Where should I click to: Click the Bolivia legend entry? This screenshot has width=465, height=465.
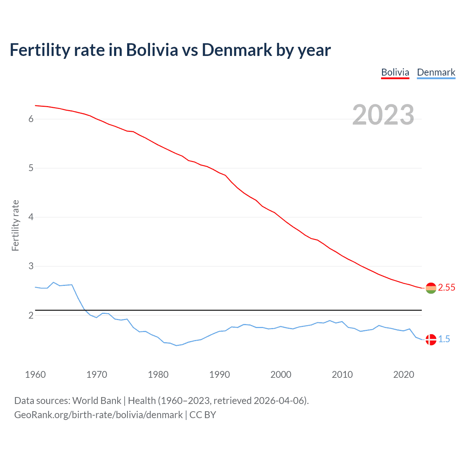point(395,72)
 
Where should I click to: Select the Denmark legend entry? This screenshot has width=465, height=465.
point(436,72)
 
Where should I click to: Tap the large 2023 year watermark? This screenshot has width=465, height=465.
point(383,115)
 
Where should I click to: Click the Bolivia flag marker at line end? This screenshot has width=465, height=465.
point(430,288)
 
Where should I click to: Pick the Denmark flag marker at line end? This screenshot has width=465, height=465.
point(430,340)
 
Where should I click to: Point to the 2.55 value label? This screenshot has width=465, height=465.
point(446,287)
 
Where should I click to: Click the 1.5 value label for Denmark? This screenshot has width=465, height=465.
point(444,339)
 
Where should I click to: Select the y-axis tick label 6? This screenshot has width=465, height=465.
point(31,119)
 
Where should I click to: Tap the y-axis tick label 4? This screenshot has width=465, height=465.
point(31,217)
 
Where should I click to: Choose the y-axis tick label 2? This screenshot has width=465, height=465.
point(31,315)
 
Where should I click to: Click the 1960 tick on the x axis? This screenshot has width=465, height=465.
point(35,375)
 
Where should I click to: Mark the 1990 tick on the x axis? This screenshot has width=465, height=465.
point(219,375)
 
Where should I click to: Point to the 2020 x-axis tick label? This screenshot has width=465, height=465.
point(404,375)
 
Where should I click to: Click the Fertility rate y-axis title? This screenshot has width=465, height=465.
point(15,225)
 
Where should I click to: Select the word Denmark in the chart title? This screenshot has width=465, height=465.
point(236,50)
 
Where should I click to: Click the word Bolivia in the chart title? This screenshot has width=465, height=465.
point(152,50)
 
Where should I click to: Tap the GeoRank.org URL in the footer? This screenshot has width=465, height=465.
point(98,415)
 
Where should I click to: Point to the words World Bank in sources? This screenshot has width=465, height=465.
point(97,400)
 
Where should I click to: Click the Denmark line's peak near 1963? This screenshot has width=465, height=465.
point(53,282)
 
